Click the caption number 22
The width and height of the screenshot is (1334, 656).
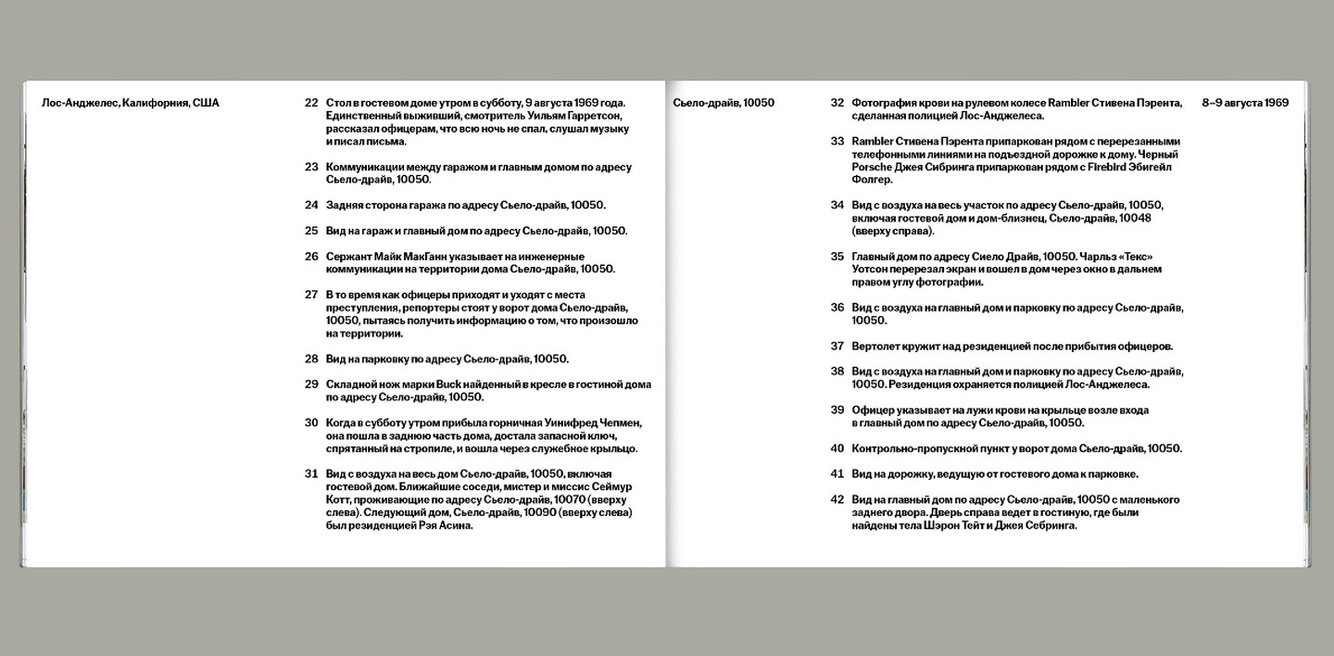pos(311,103)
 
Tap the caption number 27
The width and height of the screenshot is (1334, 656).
pos(311,295)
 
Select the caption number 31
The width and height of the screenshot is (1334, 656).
pos(311,473)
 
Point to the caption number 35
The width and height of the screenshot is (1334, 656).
pos(837,257)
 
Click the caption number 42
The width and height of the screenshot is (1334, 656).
pos(837,499)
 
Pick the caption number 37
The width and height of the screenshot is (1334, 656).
pos(837,347)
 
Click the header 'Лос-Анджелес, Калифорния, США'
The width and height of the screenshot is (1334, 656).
pos(131,103)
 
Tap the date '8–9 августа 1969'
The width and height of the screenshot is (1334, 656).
pos(1245,103)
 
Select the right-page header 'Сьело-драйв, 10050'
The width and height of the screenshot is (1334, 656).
pos(724,103)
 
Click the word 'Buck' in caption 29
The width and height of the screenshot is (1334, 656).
pos(436,385)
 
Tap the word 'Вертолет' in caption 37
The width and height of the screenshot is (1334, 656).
pos(877,347)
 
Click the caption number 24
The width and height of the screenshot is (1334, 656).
pos(311,206)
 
